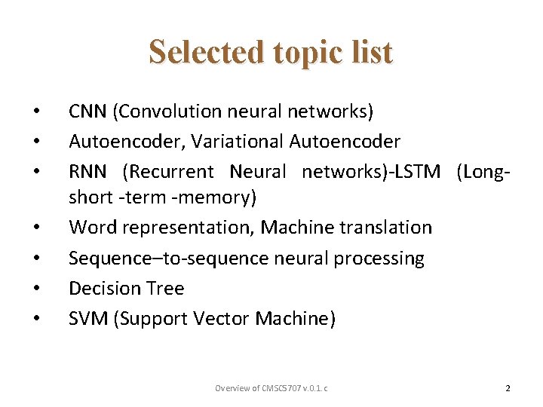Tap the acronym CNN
point(87,112)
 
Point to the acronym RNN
point(87,172)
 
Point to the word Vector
point(222,319)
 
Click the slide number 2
point(508,388)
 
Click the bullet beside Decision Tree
point(35,289)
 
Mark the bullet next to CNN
point(35,112)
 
